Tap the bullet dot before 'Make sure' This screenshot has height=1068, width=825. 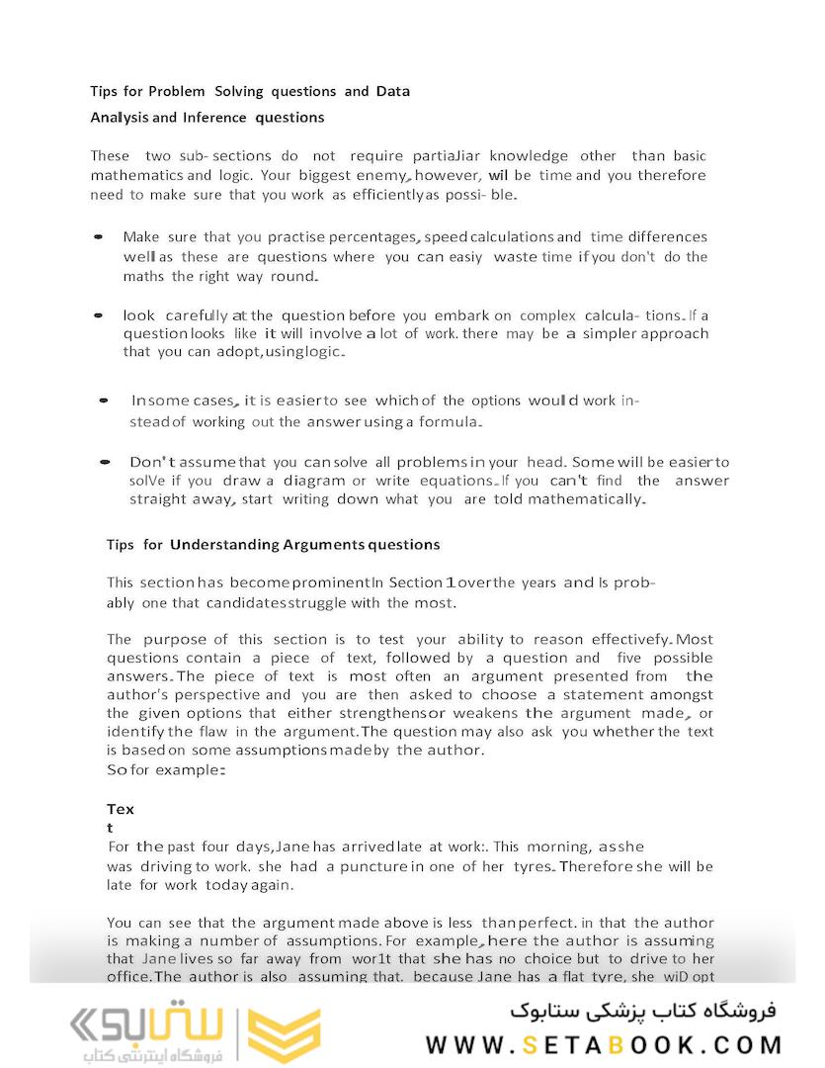(x=99, y=238)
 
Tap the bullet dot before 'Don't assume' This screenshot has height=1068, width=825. (x=104, y=462)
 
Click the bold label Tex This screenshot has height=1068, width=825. (x=120, y=809)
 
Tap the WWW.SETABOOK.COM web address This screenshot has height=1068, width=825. (x=605, y=1045)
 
